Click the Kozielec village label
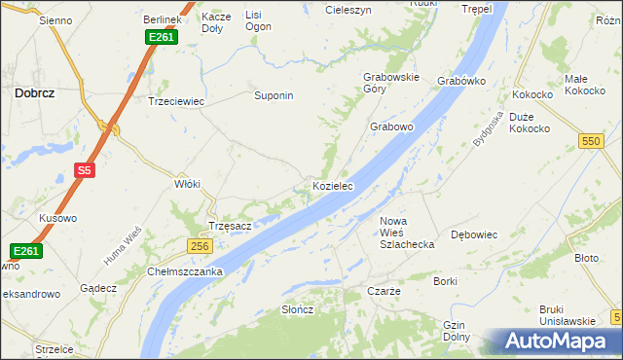[332, 185]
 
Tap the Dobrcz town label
[33, 93]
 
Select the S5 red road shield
[85, 170]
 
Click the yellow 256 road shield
[200, 246]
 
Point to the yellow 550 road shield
[589, 141]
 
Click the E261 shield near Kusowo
[27, 251]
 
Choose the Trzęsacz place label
[231, 226]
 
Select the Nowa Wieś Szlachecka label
[406, 233]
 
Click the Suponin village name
[274, 96]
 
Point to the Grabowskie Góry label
[390, 83]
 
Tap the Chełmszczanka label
[186, 271]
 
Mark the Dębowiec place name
[475, 234]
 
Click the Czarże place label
[384, 292]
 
